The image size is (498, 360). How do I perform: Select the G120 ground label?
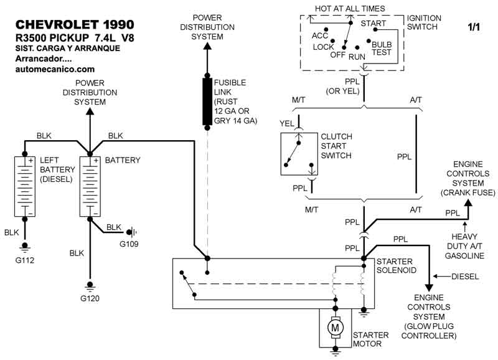pyautogui.click(x=90, y=298)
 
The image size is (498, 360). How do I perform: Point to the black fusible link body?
pyautogui.click(x=207, y=101)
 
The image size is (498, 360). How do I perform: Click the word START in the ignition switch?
pyautogui.click(x=374, y=24)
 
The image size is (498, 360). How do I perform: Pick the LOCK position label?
pyautogui.click(x=324, y=47)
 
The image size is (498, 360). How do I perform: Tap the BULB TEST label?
pyautogui.click(x=382, y=49)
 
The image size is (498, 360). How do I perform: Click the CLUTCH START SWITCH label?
pyautogui.click(x=336, y=146)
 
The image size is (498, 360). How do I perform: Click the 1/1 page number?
pyautogui.click(x=474, y=27)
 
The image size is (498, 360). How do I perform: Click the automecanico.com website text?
pyautogui.click(x=55, y=69)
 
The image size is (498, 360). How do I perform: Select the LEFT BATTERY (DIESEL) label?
pyautogui.click(x=57, y=169)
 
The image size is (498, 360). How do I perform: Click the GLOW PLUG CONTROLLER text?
pyautogui.click(x=429, y=331)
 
